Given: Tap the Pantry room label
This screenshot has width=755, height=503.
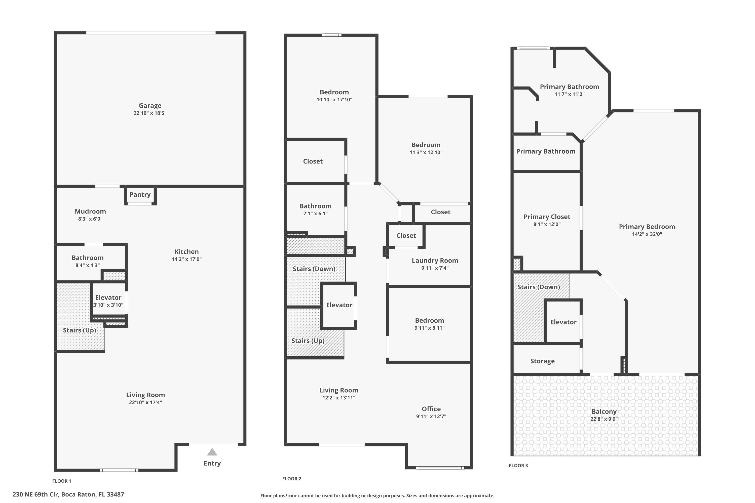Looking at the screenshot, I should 140,194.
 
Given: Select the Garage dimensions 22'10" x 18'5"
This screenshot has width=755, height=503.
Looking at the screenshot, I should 150,113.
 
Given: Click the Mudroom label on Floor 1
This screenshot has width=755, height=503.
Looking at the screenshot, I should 90,212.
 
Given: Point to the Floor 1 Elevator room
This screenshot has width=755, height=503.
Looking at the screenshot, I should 108,301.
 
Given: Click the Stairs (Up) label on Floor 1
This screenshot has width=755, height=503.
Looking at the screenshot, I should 80,330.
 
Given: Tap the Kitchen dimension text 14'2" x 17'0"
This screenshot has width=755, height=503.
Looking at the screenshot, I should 186,259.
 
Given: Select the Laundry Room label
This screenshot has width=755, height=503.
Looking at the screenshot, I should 435,261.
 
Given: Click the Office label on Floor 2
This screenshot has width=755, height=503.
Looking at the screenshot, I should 431,409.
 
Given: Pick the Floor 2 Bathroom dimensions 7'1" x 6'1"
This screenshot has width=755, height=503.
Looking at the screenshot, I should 315,214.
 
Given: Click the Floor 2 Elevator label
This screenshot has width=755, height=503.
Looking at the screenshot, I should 339,305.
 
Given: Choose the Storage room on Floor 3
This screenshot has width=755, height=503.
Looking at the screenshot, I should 542,361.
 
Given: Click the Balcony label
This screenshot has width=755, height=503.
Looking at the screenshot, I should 604,411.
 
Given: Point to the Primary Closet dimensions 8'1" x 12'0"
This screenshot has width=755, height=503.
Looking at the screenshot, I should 547,225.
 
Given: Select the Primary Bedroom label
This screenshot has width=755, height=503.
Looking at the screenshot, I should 647,227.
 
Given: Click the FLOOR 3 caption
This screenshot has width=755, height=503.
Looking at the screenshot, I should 518,466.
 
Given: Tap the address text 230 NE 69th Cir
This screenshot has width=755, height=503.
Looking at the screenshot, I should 68,494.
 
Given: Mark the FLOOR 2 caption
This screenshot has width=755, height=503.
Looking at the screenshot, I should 291,479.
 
